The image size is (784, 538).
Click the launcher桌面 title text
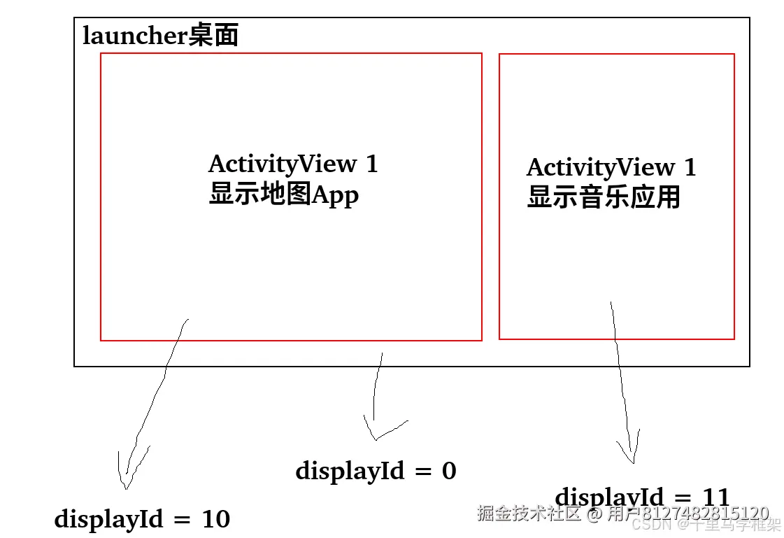click(160, 36)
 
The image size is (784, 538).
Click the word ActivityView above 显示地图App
click(283, 164)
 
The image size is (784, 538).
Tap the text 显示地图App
click(283, 194)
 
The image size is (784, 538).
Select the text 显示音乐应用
click(604, 197)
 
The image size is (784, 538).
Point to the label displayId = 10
click(142, 519)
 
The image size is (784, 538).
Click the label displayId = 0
click(376, 471)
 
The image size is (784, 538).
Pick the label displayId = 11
click(642, 497)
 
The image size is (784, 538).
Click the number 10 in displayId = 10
click(215, 519)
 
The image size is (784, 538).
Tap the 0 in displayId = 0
click(449, 471)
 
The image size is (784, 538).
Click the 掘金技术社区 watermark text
click(529, 514)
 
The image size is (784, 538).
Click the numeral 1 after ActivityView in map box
click(371, 164)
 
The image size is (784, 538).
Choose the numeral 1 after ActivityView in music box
click(690, 168)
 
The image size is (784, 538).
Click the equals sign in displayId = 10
click(182, 520)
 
